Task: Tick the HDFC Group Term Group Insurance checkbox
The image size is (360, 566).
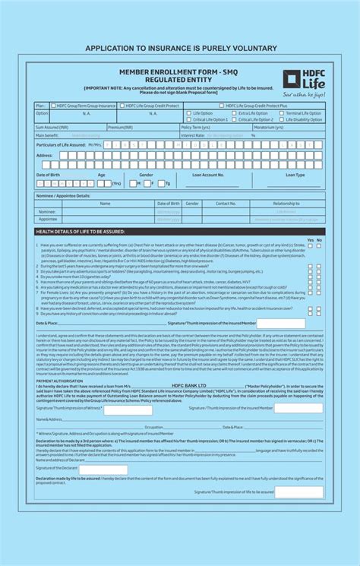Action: (x=53, y=106)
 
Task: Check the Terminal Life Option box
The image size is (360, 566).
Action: (x=282, y=113)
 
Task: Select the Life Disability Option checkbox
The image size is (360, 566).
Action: (x=282, y=119)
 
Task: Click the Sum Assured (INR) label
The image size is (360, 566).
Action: (x=52, y=127)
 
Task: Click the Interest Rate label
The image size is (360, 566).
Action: (x=193, y=135)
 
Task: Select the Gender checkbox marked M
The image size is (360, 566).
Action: (x=134, y=183)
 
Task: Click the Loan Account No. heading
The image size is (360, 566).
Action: (x=208, y=175)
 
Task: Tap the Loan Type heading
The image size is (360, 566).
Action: (x=295, y=175)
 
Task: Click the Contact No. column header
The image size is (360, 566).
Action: (x=226, y=204)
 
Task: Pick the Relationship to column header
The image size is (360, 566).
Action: (x=286, y=204)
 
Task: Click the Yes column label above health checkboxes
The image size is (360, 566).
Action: (x=309, y=239)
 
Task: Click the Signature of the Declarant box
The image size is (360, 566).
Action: (x=103, y=470)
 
